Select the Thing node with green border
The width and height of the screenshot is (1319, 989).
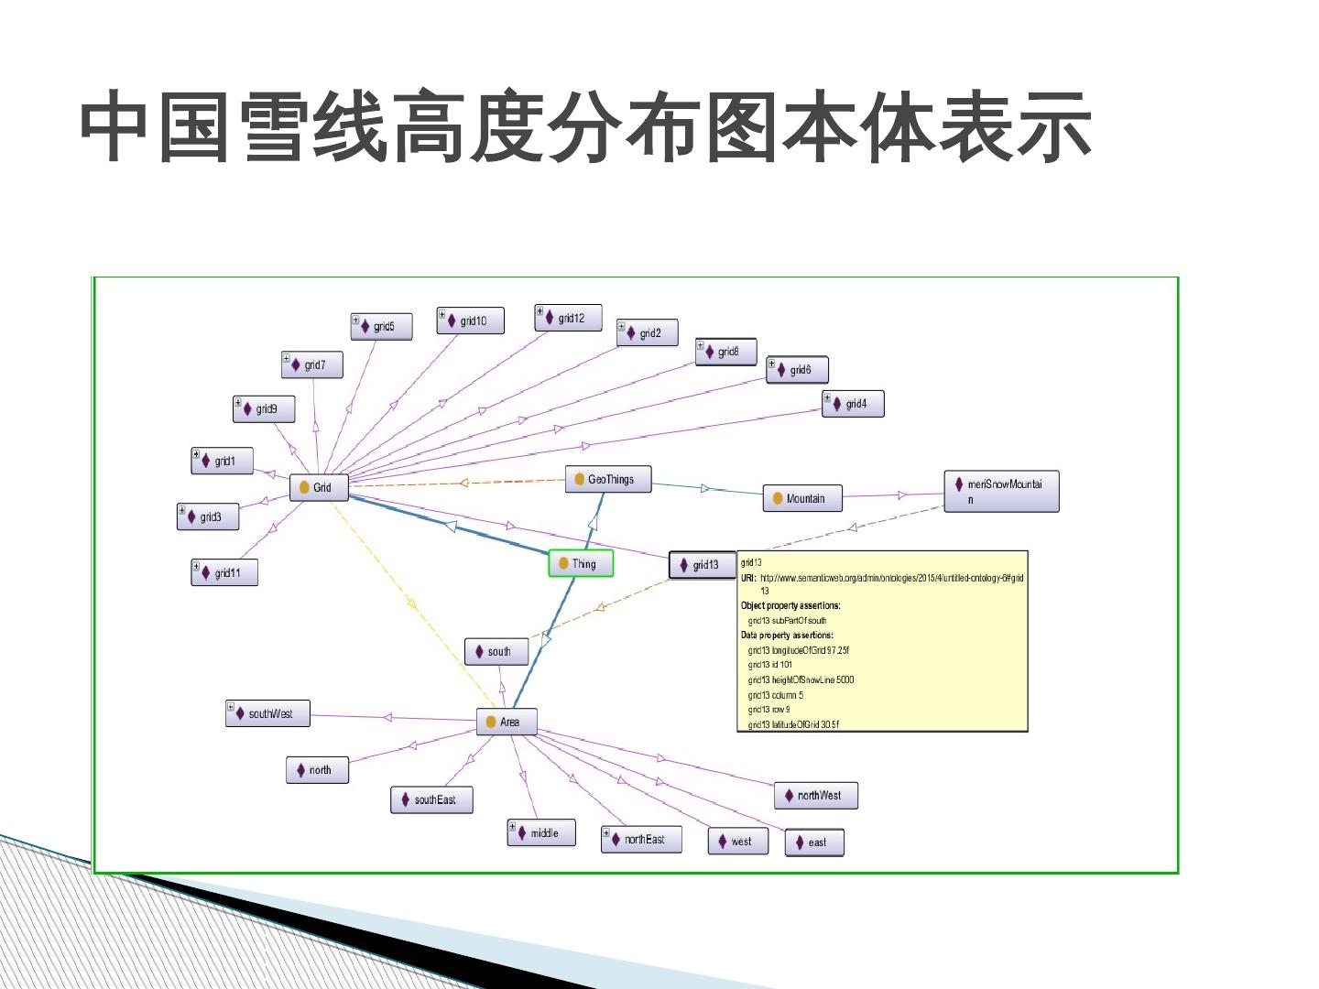point(581,564)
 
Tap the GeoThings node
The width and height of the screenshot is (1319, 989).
point(607,479)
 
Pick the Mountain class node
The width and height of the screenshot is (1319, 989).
point(802,498)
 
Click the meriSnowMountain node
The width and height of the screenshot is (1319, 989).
point(1001,492)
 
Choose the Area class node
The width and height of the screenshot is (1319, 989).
point(506,722)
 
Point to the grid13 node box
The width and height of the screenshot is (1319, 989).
point(703,565)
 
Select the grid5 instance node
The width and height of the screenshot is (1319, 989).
point(381,326)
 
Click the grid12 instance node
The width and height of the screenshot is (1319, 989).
point(569,318)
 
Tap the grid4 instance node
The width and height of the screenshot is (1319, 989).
point(853,404)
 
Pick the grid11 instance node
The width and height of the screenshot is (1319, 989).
point(224,572)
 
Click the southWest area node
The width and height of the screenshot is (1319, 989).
point(268,713)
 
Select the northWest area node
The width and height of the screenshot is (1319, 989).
point(816,796)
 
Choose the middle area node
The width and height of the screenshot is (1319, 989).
point(541,832)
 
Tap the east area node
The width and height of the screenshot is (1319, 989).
point(813,842)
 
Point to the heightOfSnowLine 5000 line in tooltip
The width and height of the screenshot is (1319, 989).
point(801,679)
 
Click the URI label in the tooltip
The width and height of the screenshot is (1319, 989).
point(748,577)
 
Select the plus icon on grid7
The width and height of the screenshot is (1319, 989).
point(286,358)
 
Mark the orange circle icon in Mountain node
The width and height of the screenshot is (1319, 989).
point(778,498)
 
